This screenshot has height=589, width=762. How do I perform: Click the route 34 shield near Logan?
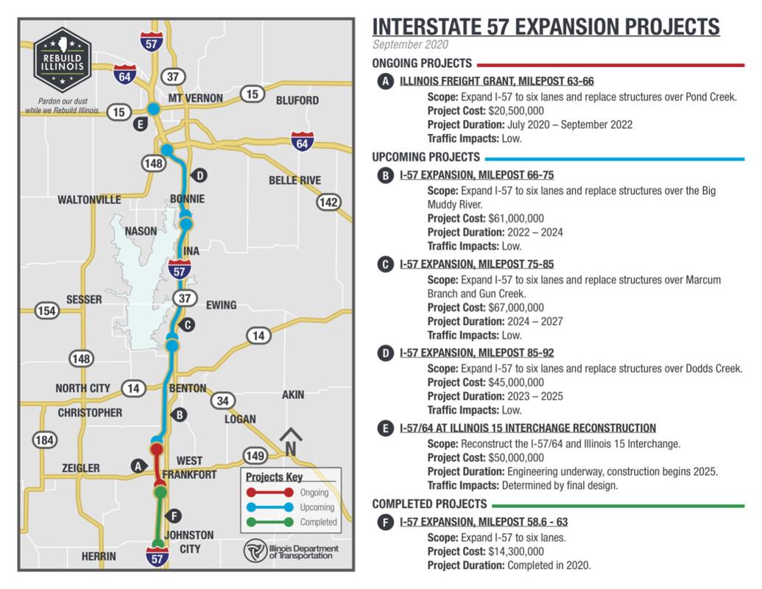pyautogui.click(x=222, y=401)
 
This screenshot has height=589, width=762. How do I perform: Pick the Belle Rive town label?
pyautogui.click(x=294, y=180)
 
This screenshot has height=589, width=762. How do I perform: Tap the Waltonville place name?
pyautogui.click(x=89, y=200)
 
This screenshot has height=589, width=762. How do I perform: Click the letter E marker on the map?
pyautogui.click(x=140, y=124)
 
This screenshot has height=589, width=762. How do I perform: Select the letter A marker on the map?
pyautogui.click(x=136, y=465)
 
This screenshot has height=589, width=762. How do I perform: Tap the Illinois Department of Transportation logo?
pyautogui.click(x=292, y=551)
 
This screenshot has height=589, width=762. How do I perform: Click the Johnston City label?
pyautogui.click(x=188, y=541)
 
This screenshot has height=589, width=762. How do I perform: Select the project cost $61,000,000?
pyautogui.click(x=516, y=218)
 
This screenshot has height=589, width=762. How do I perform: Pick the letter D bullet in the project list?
pyautogui.click(x=384, y=354)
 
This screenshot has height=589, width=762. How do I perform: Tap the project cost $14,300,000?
pyautogui.click(x=516, y=551)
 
